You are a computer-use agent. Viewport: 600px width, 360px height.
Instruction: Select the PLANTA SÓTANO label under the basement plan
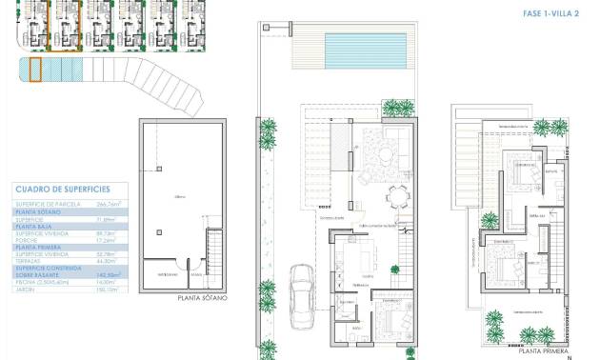[203, 298]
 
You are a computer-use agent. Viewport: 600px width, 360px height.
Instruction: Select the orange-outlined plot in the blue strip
[35, 70]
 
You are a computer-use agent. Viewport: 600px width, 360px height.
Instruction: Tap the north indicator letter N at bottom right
[569, 355]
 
